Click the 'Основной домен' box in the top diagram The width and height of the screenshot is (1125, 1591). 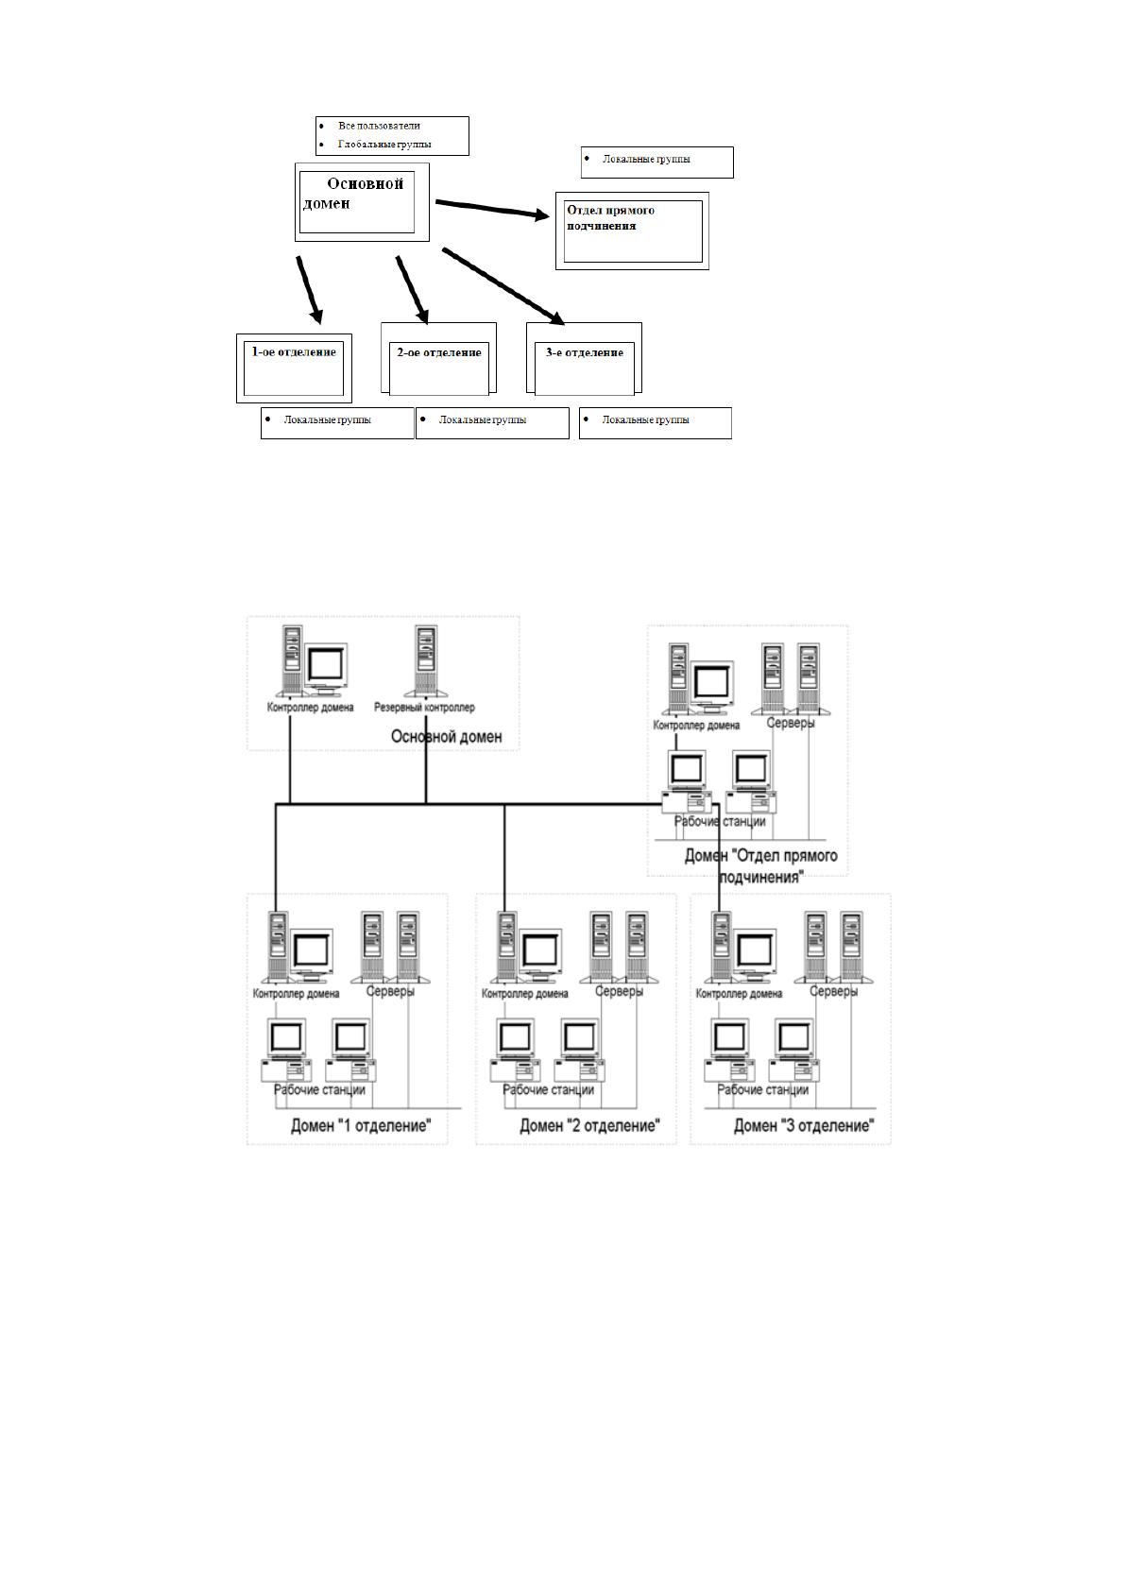click(x=362, y=202)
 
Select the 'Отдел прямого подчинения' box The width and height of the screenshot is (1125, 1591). click(x=632, y=231)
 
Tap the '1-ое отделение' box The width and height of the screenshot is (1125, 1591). click(x=294, y=368)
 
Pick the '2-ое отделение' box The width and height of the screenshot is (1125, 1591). click(x=438, y=359)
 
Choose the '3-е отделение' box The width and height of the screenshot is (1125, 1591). click(x=584, y=359)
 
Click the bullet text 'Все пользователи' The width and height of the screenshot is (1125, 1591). click(x=380, y=126)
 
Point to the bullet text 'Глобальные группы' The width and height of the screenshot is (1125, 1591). click(x=384, y=145)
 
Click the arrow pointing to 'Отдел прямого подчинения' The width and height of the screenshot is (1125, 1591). click(x=492, y=210)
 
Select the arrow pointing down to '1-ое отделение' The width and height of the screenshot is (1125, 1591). click(x=310, y=290)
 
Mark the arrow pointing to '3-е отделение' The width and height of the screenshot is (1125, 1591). click(x=503, y=286)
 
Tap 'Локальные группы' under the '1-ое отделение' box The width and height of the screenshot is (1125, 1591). click(x=328, y=419)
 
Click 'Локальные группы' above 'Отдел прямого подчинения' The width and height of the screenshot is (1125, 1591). click(x=646, y=159)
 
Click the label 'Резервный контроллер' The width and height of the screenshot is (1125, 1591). click(x=424, y=708)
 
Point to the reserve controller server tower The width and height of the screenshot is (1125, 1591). click(x=425, y=661)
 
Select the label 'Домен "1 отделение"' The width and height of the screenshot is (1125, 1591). click(x=361, y=1126)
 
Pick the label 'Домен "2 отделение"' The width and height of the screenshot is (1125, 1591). click(x=589, y=1126)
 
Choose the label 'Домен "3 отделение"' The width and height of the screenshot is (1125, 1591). click(x=804, y=1126)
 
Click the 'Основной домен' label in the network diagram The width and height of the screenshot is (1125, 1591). click(x=447, y=737)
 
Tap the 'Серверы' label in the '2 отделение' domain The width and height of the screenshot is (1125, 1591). click(x=620, y=991)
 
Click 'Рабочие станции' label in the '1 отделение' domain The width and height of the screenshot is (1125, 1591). click(x=319, y=1089)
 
